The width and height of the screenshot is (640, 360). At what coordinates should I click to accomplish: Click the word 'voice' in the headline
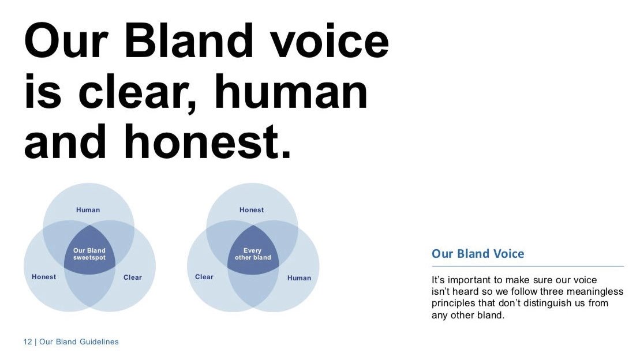pyautogui.click(x=330, y=41)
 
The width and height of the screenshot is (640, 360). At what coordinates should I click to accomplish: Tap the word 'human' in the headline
pyautogui.click(x=291, y=92)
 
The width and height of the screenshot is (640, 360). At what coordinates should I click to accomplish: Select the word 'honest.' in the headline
pyautogui.click(x=207, y=141)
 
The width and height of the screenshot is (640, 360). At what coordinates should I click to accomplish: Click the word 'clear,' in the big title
pyautogui.click(x=137, y=93)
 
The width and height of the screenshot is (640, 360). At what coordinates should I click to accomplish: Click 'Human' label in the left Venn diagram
pyautogui.click(x=88, y=210)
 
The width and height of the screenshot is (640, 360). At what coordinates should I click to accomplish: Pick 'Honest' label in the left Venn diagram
pyautogui.click(x=44, y=277)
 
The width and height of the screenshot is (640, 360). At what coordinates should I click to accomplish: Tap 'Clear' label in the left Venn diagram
pyautogui.click(x=133, y=277)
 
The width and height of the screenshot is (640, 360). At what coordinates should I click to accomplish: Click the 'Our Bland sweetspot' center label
pyautogui.click(x=89, y=254)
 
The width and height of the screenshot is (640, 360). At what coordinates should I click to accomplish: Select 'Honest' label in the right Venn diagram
pyautogui.click(x=252, y=210)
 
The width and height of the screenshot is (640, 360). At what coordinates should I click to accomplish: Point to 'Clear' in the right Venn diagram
pyautogui.click(x=204, y=277)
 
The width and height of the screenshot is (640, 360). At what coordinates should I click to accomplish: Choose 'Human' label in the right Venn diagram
pyautogui.click(x=299, y=278)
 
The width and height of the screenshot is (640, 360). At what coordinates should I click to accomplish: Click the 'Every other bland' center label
pyautogui.click(x=253, y=254)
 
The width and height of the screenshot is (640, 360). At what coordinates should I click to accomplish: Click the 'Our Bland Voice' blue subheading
pyautogui.click(x=478, y=253)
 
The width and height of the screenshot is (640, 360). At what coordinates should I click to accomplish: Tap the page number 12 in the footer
pyautogui.click(x=27, y=342)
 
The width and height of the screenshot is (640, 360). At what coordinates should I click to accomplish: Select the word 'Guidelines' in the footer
pyautogui.click(x=99, y=342)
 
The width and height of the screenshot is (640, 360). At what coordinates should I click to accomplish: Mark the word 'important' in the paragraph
pyautogui.click(x=469, y=280)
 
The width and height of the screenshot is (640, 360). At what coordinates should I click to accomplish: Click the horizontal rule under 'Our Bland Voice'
pyautogui.click(x=528, y=266)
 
